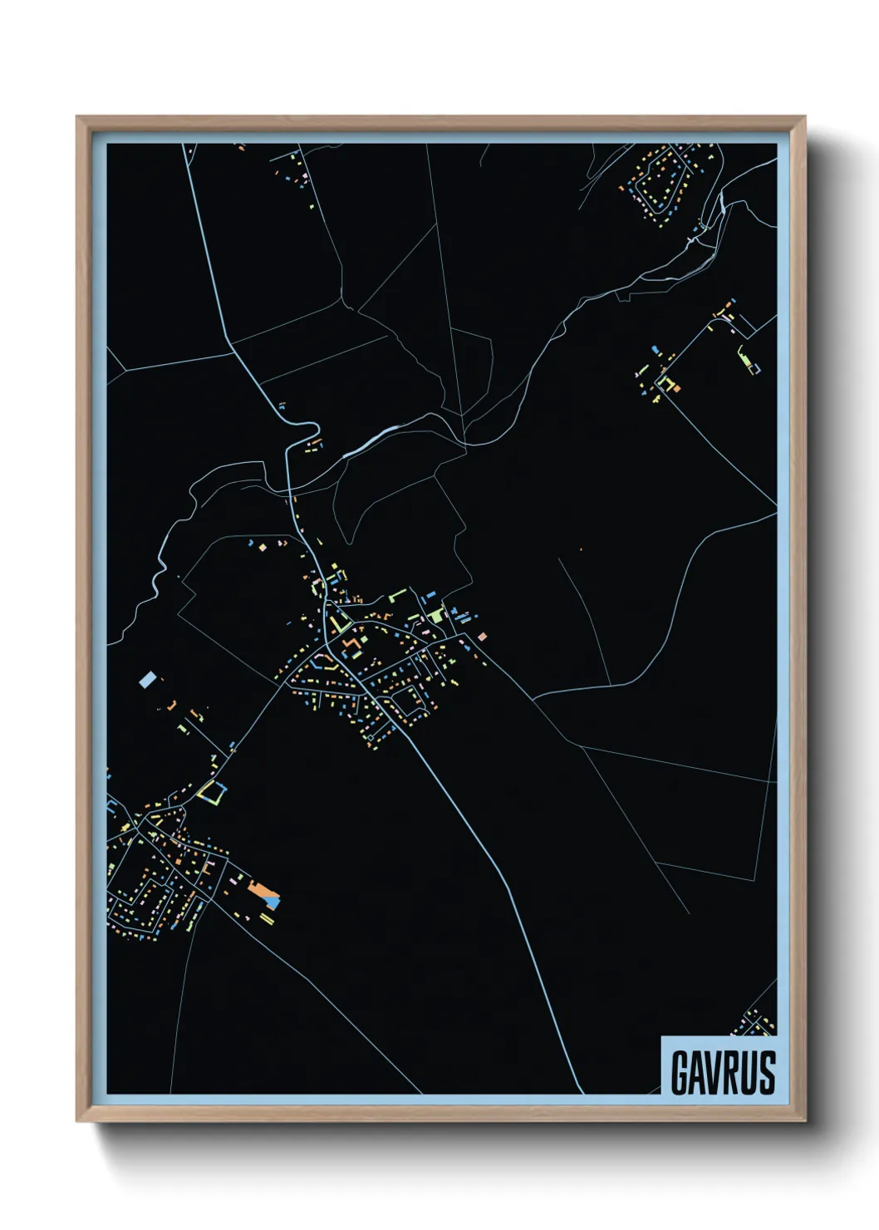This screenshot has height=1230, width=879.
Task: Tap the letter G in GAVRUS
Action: [680, 1072]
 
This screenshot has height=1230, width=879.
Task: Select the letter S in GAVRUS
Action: [767, 1072]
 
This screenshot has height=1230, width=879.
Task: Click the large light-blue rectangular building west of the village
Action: [148, 680]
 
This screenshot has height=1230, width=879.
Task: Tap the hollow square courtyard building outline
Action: [211, 792]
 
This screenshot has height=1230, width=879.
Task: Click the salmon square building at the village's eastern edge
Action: [482, 637]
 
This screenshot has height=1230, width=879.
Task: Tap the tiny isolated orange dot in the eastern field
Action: [581, 549]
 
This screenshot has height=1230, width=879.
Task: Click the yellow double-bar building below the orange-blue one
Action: [268, 918]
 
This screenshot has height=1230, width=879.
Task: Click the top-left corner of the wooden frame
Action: [77, 117]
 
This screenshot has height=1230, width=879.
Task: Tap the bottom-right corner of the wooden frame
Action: [804, 1120]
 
